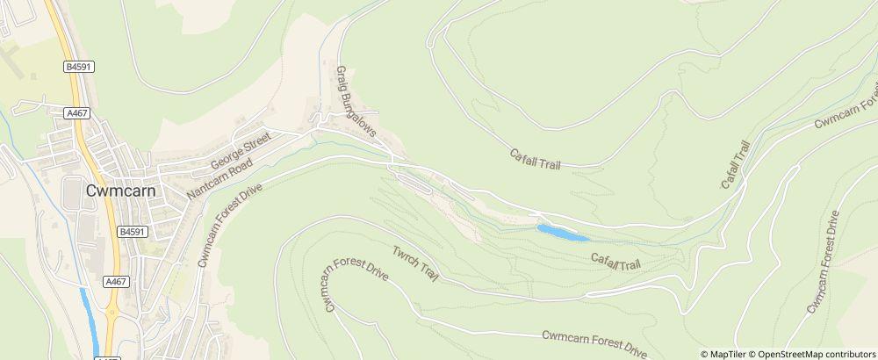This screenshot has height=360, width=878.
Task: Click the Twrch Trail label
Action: click(414, 263)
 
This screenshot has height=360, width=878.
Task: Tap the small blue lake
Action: click(563, 233)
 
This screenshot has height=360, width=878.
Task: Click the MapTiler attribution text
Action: click(728, 354)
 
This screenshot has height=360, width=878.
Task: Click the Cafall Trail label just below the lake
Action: click(615, 260)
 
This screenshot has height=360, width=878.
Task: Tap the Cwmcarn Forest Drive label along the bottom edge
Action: click(594, 341)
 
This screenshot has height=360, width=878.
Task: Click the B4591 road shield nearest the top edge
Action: click(78, 66)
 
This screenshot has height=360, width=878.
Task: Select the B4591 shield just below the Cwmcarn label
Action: click(130, 232)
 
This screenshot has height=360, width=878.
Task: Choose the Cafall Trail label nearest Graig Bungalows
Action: click(535, 159)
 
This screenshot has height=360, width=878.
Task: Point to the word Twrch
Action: click(402, 256)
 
